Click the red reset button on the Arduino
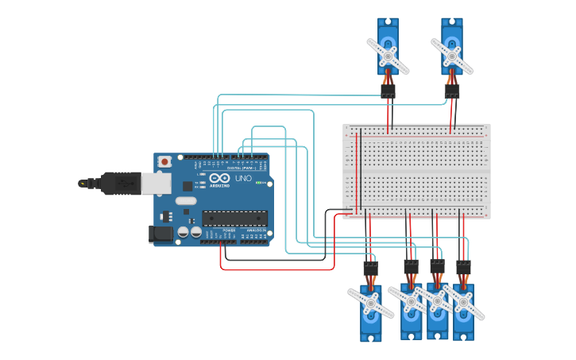[x=164, y=161]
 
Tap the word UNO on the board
[x=243, y=179]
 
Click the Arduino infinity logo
[x=220, y=179]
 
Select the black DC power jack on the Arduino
[x=160, y=234]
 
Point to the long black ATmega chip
[x=234, y=219]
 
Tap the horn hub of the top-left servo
[x=387, y=56]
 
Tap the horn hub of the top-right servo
[x=451, y=56]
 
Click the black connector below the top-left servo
[x=388, y=92]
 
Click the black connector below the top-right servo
[x=452, y=92]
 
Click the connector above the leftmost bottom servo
[x=370, y=269]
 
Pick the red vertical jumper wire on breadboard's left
[x=357, y=171]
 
